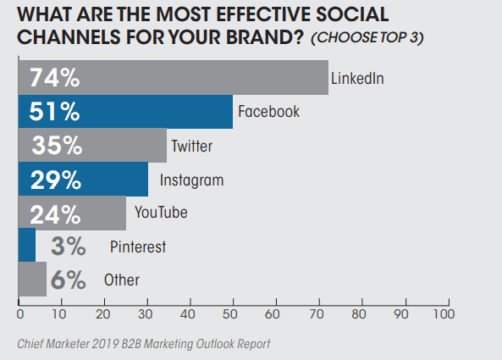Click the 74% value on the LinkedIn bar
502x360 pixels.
tap(55, 78)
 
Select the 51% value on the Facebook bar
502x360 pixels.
tap(55, 112)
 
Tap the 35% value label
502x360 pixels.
tap(56, 146)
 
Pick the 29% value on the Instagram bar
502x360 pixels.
tap(55, 180)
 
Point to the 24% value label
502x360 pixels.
tap(55, 213)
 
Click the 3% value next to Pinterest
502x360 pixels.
tap(69, 246)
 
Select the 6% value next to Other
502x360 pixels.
tap(69, 280)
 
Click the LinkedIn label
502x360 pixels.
tap(357, 79)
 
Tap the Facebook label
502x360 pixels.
tap(268, 112)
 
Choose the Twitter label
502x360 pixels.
tap(191, 146)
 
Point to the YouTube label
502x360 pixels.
tap(161, 213)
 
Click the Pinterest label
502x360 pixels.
tap(137, 246)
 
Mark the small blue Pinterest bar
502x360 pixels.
tap(27, 246)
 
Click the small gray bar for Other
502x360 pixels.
tap(32, 280)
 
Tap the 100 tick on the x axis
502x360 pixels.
tap(441, 313)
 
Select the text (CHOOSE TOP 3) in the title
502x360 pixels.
tap(367, 39)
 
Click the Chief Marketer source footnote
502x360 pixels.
tap(145, 343)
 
